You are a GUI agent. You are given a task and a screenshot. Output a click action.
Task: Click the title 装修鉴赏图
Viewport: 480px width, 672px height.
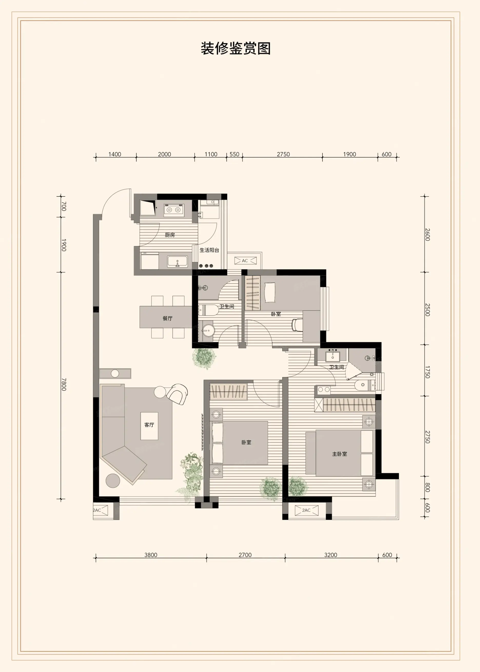[x=236, y=48]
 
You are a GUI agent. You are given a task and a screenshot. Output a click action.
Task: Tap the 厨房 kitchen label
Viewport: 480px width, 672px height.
[x=170, y=235]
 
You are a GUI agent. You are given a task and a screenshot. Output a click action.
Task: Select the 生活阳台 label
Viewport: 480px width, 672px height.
[x=209, y=250]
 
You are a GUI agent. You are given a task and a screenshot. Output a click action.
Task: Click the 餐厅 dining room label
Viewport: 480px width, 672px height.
[x=168, y=318]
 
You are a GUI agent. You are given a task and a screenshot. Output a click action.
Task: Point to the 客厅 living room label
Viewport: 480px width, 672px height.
[x=149, y=425]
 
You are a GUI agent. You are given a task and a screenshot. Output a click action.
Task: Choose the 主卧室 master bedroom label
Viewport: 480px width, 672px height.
[x=340, y=454]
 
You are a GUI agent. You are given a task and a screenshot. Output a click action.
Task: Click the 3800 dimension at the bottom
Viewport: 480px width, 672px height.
[x=151, y=555]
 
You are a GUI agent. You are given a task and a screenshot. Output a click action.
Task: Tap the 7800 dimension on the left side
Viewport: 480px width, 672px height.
[x=64, y=384]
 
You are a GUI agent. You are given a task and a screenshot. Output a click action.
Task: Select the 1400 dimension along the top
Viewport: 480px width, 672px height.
[x=115, y=154]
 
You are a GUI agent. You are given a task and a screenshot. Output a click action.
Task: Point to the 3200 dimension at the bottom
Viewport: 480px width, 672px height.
[x=330, y=555]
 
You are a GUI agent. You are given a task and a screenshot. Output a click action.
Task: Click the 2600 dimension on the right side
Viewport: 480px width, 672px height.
[x=427, y=234]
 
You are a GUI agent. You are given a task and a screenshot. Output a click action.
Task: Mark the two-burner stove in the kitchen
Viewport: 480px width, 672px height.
[x=173, y=210]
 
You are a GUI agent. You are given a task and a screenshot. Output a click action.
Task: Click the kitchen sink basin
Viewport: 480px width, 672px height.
[x=178, y=262]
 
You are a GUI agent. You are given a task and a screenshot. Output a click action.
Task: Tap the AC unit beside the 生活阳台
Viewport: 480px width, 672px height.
[x=245, y=260]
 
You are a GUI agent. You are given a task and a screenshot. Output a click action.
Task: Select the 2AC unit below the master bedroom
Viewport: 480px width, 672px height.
[x=307, y=510]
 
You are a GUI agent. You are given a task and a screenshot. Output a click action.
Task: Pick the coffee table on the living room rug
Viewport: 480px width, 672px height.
[x=149, y=426]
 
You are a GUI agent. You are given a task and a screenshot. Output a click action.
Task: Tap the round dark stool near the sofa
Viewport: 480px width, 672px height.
[x=113, y=480]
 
